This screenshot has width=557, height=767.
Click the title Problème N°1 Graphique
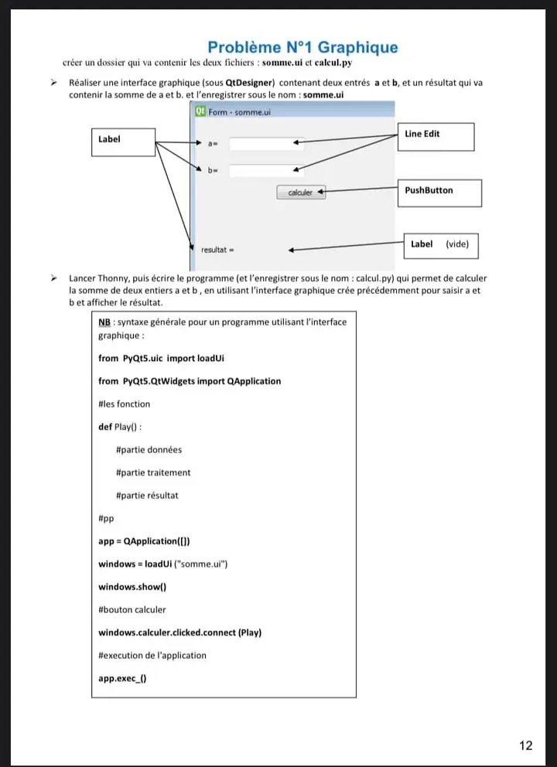pos(302,47)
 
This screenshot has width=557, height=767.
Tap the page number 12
pos(526,745)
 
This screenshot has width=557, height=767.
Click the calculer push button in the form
pos(301,193)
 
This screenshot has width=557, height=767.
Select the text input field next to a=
pos(267,143)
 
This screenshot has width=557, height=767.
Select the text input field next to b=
pos(267,170)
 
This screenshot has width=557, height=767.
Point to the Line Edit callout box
pos(436,137)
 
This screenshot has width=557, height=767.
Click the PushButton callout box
pos(439,193)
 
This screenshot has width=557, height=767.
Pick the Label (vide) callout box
pos(441,246)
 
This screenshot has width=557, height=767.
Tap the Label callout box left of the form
pos(123,142)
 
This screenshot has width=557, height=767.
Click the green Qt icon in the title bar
pos(200,111)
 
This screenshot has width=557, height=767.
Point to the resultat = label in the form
pos(217,250)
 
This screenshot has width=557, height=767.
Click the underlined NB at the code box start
pos(104,322)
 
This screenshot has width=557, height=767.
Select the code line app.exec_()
pos(122,678)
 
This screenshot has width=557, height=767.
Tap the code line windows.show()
pos(132,587)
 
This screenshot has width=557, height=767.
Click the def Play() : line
pos(120,427)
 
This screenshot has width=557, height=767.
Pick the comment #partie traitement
pos(153,472)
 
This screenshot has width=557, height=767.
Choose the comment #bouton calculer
pos(132,610)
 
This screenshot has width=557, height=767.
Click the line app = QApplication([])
pos(145,541)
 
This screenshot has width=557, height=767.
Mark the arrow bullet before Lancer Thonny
pos(54,278)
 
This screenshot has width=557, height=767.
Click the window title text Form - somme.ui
pos(239,112)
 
